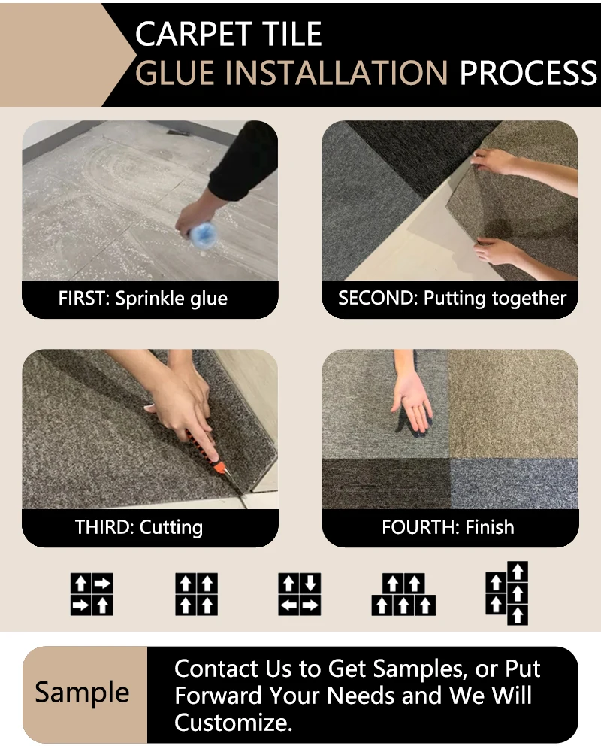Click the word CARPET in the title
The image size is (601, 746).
pyautogui.click(x=194, y=34)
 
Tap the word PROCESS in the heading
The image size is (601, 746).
pyautogui.click(x=528, y=73)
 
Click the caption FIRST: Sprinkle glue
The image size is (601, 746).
pyautogui.click(x=143, y=299)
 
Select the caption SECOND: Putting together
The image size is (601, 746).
pyautogui.click(x=452, y=299)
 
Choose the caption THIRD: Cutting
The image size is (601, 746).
pyautogui.click(x=139, y=527)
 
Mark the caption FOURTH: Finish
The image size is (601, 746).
pyautogui.click(x=448, y=527)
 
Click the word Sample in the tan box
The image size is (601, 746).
pyautogui.click(x=82, y=693)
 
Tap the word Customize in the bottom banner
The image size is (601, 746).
pyautogui.click(x=232, y=723)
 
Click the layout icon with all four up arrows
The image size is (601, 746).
pyautogui.click(x=197, y=594)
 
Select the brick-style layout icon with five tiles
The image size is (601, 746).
pyautogui.click(x=403, y=594)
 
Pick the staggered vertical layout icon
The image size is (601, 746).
pyautogui.click(x=507, y=593)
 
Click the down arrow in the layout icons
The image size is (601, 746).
pyautogui.click(x=310, y=584)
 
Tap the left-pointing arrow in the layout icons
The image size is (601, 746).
pyautogui.click(x=289, y=605)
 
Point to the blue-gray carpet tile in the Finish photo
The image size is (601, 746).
pyautogui.click(x=514, y=484)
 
